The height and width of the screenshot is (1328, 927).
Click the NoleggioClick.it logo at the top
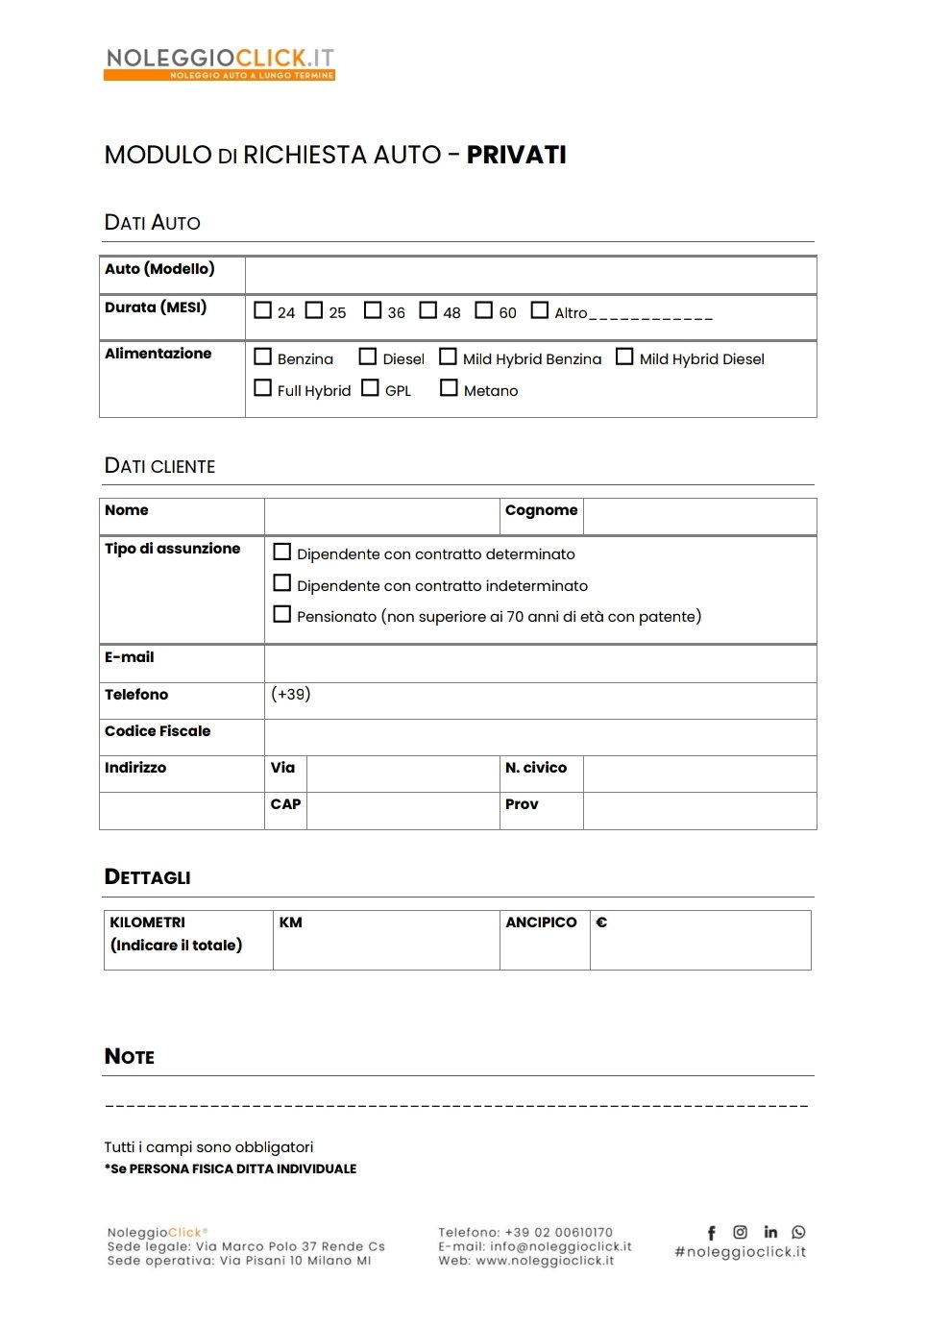(x=219, y=63)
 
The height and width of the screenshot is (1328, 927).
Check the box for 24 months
(x=262, y=310)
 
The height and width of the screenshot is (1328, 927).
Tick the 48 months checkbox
(x=428, y=310)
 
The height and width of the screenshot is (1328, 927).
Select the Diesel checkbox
(x=367, y=357)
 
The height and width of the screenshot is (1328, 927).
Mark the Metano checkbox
(x=449, y=388)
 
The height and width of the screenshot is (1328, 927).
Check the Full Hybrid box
(x=262, y=388)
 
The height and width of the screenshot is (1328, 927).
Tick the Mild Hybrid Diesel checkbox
(x=624, y=357)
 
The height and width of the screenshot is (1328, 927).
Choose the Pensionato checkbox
(x=282, y=614)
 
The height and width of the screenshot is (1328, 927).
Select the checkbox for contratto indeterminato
(x=282, y=583)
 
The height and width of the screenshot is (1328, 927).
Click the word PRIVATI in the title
(x=516, y=155)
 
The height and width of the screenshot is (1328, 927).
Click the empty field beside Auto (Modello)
(x=529, y=275)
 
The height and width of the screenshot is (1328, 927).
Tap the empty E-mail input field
(x=540, y=663)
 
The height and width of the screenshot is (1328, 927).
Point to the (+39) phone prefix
(x=291, y=694)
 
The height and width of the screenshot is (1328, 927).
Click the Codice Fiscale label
(x=158, y=731)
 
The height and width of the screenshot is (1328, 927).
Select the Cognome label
(x=541, y=510)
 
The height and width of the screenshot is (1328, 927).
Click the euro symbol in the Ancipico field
(x=601, y=922)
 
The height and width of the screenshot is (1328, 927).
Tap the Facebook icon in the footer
(x=712, y=1233)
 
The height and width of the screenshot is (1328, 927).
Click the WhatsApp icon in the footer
(x=798, y=1232)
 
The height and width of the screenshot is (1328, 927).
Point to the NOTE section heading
(x=130, y=1057)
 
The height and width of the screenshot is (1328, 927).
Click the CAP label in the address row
(x=285, y=804)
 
